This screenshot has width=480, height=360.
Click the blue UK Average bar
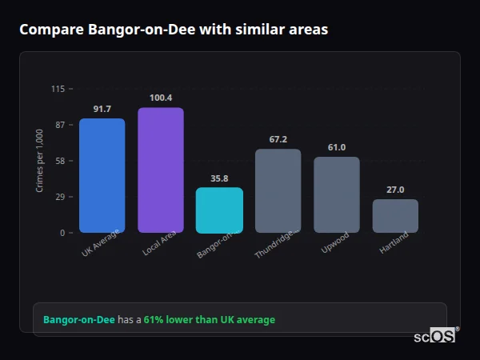coord(102,176)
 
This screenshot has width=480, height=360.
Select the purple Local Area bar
coord(160,170)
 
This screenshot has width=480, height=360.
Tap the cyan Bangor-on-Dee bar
coord(219,210)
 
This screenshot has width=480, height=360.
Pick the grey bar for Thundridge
coord(278,191)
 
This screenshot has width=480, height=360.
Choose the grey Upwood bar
coord(336,195)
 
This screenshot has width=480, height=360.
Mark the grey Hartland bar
coord(395,216)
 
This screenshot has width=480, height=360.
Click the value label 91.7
coord(102,109)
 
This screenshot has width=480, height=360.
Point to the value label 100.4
coord(160,98)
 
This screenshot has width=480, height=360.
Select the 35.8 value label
coord(219,178)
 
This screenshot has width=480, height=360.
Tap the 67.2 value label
coord(278,139)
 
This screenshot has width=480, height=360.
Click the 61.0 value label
coord(336,147)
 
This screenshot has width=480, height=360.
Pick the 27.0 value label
coord(395,190)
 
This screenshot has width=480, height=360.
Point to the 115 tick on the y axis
coord(58,89)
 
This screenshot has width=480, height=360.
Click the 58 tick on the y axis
coord(59,161)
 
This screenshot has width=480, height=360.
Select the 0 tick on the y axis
coord(62,233)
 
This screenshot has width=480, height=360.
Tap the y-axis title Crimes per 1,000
coord(40,161)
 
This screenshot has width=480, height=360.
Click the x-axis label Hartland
coord(394,242)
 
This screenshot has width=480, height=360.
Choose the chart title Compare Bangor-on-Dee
coord(173,30)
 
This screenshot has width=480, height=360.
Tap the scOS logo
coord(435,336)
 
